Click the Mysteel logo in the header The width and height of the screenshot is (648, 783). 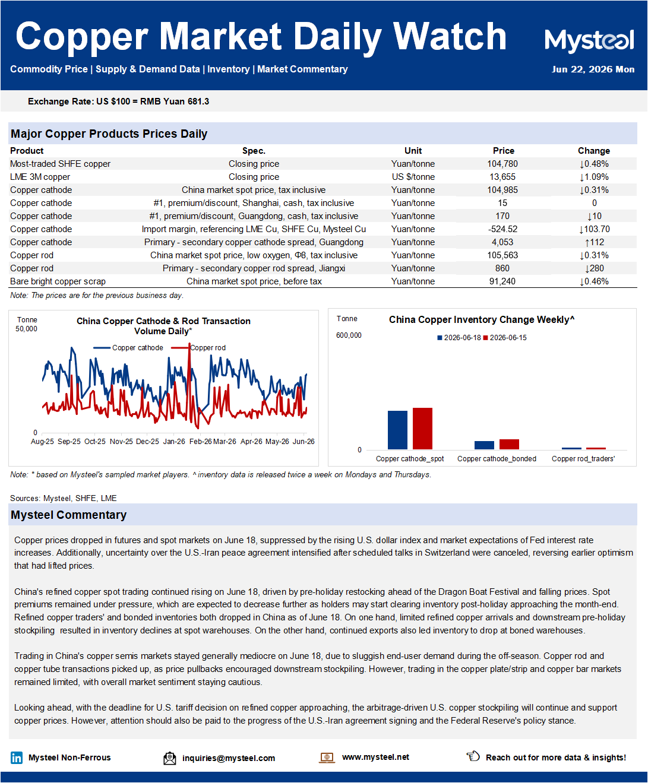click(x=589, y=40)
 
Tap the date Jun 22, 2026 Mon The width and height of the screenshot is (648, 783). click(x=593, y=69)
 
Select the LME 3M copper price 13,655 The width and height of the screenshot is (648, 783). click(x=502, y=177)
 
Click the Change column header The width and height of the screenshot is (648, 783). click(x=593, y=151)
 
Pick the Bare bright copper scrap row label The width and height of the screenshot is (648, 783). click(x=58, y=281)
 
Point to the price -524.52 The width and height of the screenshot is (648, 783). click(x=502, y=229)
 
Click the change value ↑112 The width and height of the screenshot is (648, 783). click(x=595, y=242)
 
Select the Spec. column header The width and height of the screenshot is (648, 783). click(x=254, y=151)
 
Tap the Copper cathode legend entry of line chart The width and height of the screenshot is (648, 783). click(x=128, y=348)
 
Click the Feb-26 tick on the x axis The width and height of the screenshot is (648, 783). click(x=200, y=442)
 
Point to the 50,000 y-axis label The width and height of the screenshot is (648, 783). click(x=26, y=329)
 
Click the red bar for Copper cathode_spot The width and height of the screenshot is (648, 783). click(x=422, y=428)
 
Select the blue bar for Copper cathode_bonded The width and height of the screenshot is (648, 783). click(x=484, y=445)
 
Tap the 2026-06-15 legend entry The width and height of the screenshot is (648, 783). click(x=505, y=338)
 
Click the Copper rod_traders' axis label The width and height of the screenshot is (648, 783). click(x=583, y=459)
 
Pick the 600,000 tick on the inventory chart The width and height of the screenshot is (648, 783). click(x=349, y=335)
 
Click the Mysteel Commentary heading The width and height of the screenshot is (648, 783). click(x=69, y=515)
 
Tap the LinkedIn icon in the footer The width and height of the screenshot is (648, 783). click(x=17, y=758)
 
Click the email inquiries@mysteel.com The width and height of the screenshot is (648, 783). click(x=229, y=758)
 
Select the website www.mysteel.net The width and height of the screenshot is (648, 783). click(x=375, y=757)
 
